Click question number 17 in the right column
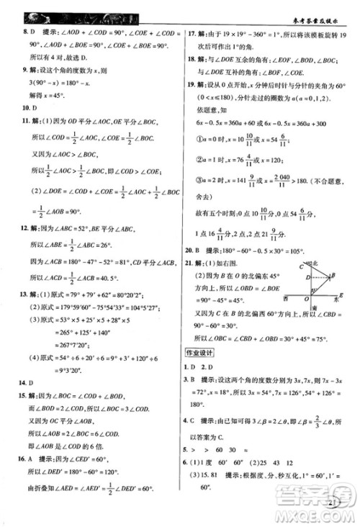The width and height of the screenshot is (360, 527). coord(191,33)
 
